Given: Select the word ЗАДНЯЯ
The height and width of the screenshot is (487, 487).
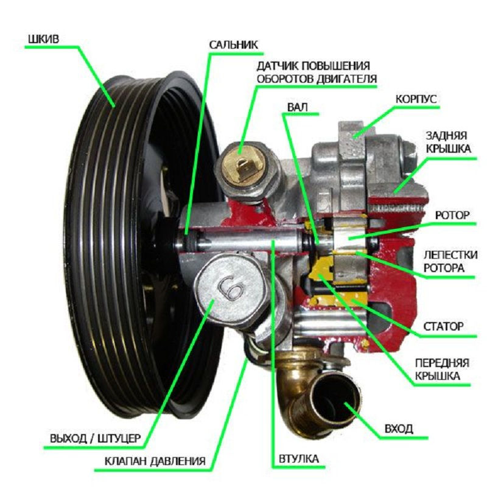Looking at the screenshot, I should (x=447, y=135).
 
